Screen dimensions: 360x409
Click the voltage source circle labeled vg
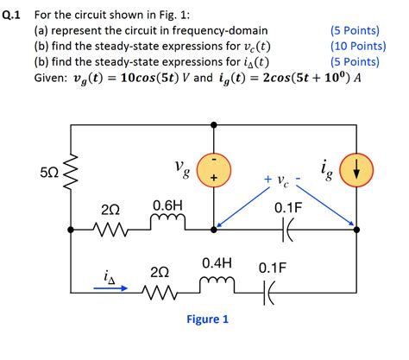click(x=212, y=168)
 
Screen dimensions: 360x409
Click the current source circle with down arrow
click(x=356, y=169)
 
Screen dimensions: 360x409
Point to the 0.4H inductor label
click(x=217, y=262)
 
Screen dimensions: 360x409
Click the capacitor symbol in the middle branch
click(x=287, y=230)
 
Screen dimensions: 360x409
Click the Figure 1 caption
click(x=207, y=319)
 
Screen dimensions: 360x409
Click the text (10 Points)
click(x=356, y=46)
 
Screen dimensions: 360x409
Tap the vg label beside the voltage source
click(x=180, y=168)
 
